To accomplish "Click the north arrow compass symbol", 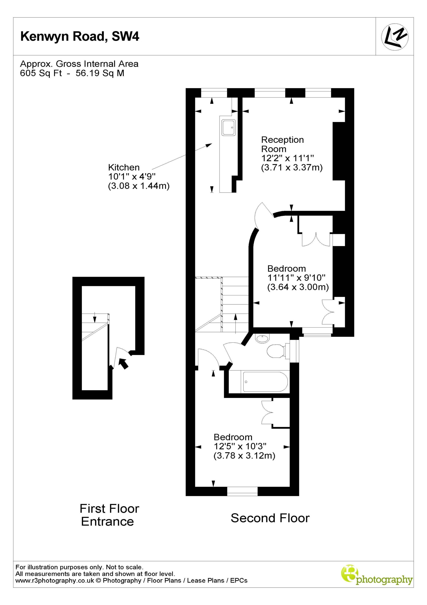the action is click(395, 37).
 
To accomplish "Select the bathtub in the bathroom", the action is click(265, 382).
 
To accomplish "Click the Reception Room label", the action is click(282, 144).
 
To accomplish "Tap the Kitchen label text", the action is click(124, 167).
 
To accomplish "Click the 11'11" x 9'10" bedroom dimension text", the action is click(296, 277).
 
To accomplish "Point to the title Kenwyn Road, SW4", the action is click(80, 36).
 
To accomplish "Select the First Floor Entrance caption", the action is click(109, 515).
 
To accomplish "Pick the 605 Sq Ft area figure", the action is click(41, 73).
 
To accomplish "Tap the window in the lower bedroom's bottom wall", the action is click(242, 491).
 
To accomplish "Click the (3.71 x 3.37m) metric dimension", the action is click(292, 168).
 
